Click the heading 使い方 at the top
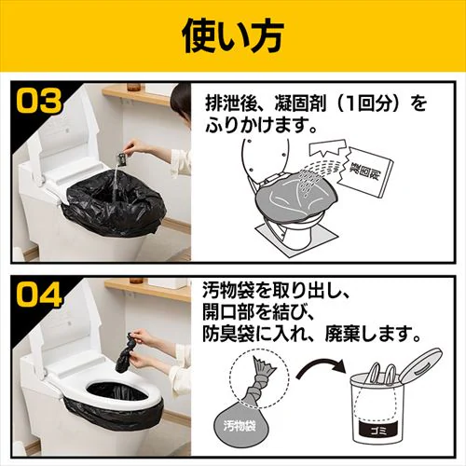pos(232,36)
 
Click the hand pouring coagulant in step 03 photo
pos(140,146)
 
